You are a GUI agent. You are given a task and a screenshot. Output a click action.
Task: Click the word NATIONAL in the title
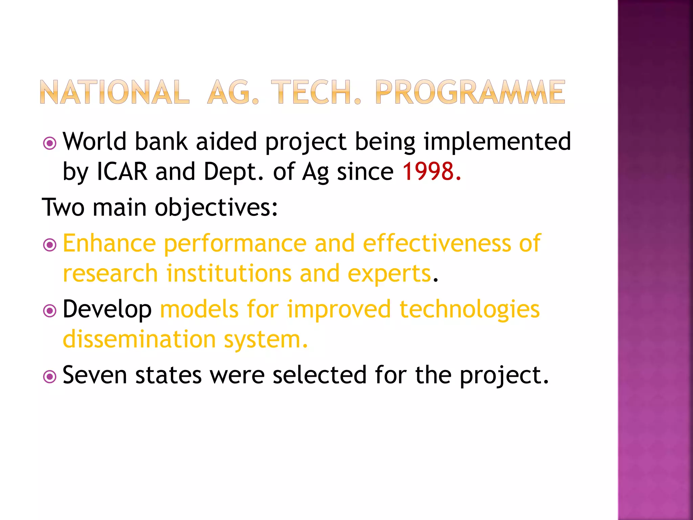pos(114,92)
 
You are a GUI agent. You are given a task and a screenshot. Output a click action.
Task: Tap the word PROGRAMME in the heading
pos(470,92)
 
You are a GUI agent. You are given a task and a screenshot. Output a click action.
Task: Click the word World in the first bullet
pos(94,141)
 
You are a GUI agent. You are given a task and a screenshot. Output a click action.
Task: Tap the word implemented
pos(497,141)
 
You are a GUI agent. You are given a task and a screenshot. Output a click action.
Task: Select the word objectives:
pos(216,207)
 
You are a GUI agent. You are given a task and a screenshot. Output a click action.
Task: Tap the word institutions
pos(229,273)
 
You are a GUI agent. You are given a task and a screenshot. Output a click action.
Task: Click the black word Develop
pos(107,309)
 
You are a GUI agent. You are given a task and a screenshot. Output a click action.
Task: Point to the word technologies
pos(469,309)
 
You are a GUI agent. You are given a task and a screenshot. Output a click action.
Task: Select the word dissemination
pos(139,339)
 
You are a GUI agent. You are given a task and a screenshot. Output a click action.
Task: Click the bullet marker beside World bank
pos(50,143)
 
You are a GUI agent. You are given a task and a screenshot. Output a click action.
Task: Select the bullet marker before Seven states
pos(50,376)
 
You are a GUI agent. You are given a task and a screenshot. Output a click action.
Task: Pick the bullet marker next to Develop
pos(50,311)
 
